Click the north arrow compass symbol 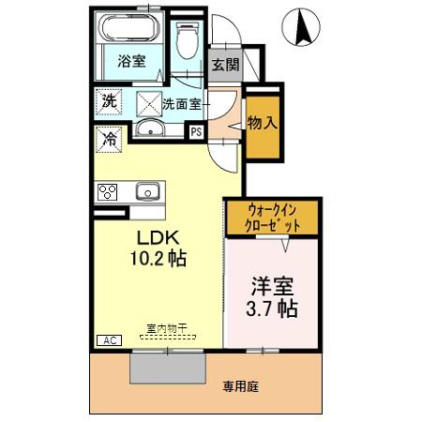coord(301,27)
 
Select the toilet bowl coord(188,40)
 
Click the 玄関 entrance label coord(225,65)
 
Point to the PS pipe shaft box coord(196,132)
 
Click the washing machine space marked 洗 coord(109,102)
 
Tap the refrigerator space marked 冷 coord(109,140)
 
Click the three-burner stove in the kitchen coord(107,192)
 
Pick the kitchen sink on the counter coord(147,191)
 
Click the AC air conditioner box coord(109,340)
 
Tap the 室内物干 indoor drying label coord(167,328)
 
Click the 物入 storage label coord(263,123)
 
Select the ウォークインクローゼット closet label coord(272,219)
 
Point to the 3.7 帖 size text coord(271,309)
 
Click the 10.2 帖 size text coord(158,258)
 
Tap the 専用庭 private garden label coord(241,387)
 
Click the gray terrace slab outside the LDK coord(168,368)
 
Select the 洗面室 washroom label coord(181,104)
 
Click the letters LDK coord(158,238)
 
